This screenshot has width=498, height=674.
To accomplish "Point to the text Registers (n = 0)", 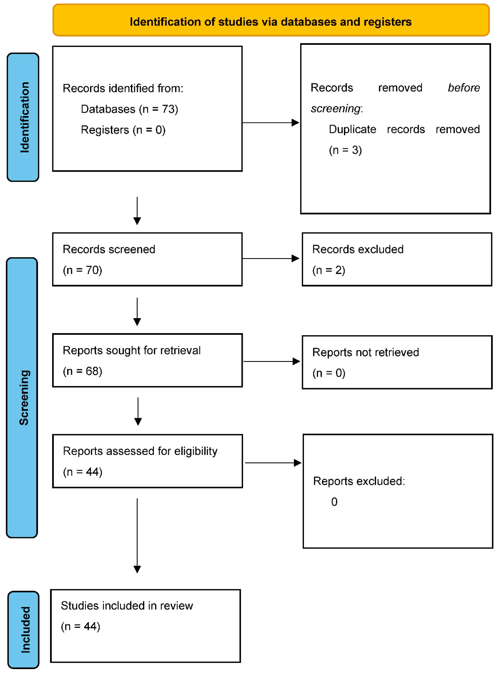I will [123, 130].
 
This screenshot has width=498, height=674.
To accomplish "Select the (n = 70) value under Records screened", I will [82, 270].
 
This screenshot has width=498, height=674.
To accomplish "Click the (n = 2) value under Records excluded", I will [329, 270].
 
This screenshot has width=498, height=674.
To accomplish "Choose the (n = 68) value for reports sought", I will [82, 371].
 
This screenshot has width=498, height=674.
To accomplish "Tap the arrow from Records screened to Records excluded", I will [270, 258].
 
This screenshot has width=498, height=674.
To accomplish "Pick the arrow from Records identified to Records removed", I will [270, 123].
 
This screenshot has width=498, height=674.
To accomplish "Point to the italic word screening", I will [336, 108].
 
